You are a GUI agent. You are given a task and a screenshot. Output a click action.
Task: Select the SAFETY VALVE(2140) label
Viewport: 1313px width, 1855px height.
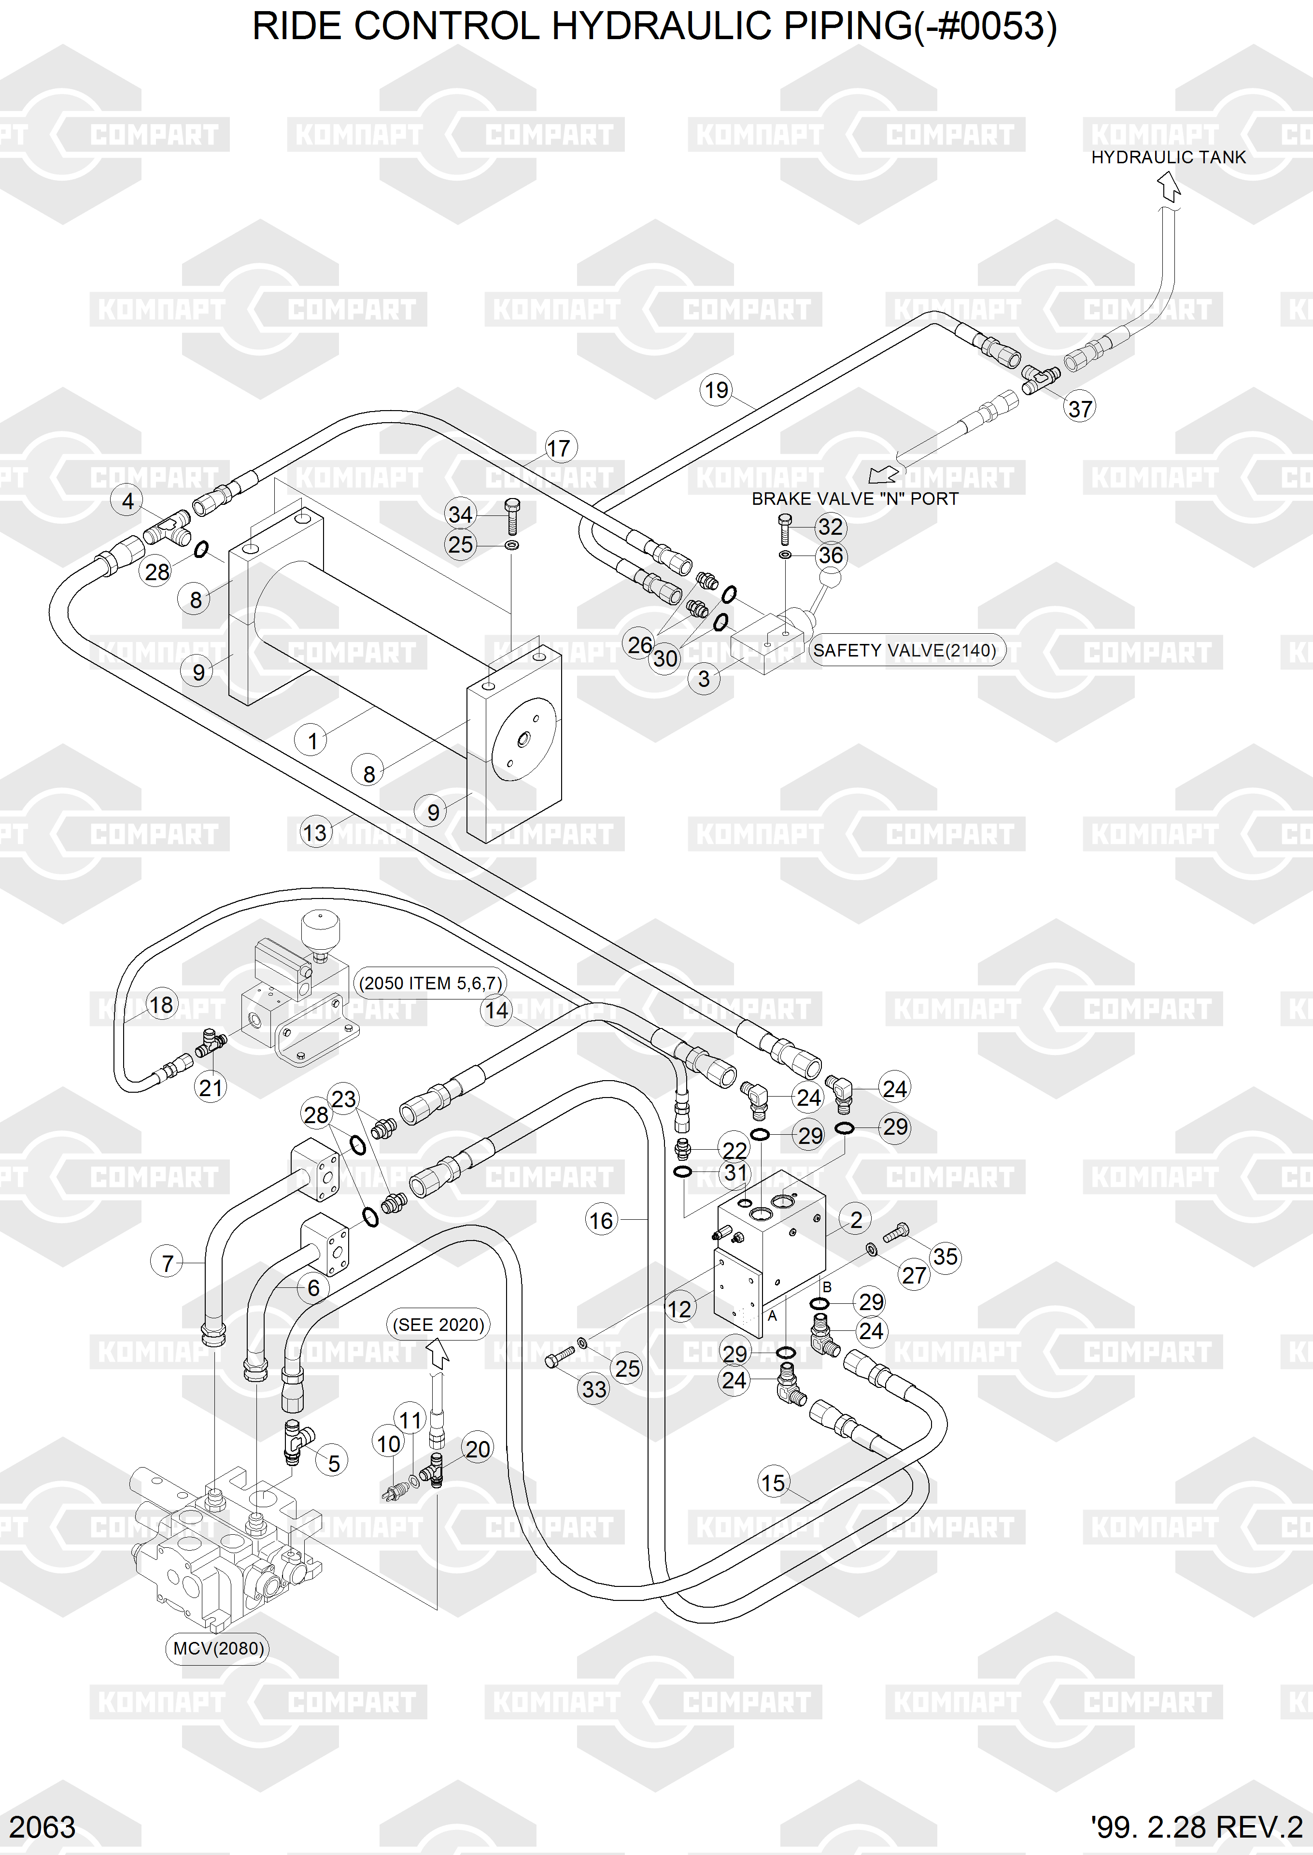pos(904,650)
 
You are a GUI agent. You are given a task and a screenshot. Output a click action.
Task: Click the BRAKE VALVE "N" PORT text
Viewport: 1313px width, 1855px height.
pos(855,499)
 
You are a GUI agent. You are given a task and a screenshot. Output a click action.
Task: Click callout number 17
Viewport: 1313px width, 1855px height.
pos(558,448)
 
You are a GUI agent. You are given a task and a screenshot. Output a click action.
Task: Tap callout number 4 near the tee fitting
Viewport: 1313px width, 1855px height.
pos(128,501)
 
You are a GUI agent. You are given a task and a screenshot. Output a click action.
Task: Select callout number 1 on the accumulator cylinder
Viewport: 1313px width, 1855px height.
pos(311,741)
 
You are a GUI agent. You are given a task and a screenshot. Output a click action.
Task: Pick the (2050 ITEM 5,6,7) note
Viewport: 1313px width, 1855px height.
pos(431,984)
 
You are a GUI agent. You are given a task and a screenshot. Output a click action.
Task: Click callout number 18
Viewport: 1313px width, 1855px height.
pos(161,1005)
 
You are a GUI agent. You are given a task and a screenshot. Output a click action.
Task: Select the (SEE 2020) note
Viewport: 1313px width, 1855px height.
pos(438,1325)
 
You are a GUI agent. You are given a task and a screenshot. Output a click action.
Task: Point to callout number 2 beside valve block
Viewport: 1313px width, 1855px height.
pos(855,1219)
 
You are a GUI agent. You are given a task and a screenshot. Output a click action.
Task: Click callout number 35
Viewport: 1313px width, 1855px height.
pos(945,1256)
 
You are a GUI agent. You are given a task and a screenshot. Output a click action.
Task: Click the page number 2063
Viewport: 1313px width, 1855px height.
pos(42,1826)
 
